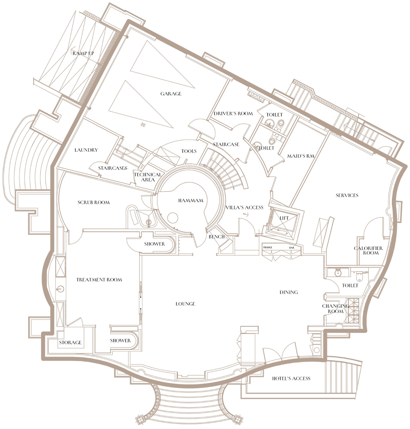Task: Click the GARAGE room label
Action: point(171,94)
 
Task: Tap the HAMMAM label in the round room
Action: point(191,201)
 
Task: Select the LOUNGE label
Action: point(186,304)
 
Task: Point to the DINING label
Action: point(289,292)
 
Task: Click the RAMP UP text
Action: point(83,53)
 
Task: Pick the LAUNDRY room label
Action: point(86,150)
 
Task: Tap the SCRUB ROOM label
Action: point(94,203)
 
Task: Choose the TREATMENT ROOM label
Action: point(99,280)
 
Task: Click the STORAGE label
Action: point(70,343)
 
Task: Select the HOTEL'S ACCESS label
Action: point(291,378)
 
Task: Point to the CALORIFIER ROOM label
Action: point(368,251)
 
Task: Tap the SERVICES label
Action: point(347,196)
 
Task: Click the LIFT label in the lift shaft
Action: point(284,218)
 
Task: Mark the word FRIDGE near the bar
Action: point(268,248)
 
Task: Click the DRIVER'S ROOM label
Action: point(233,113)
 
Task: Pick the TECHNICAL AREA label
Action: point(148,177)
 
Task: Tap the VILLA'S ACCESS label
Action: point(244,207)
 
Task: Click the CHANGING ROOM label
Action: point(336,309)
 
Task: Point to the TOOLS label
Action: point(189,151)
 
